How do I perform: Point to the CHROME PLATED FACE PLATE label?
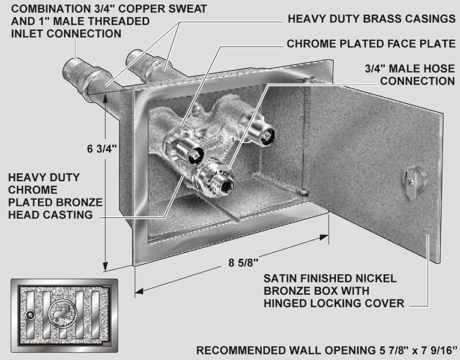point(371,44)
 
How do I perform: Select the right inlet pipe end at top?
point(132,59)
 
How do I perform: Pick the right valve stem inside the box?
point(264,133)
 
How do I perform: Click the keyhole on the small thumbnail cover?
point(30,313)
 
